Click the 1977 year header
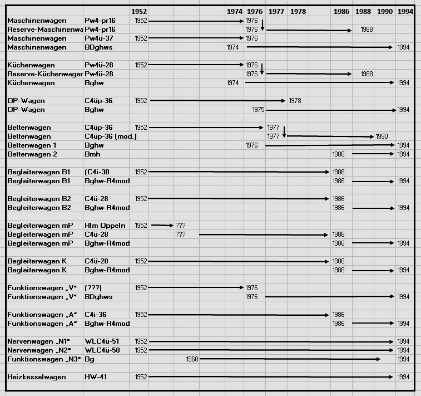click(276, 11)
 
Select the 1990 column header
click(385, 11)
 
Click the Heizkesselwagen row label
click(37, 377)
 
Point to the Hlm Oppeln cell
click(105, 226)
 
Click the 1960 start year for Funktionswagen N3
click(192, 359)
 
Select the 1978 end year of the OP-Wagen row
click(295, 101)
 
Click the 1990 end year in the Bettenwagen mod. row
click(382, 136)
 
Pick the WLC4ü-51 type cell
click(102, 341)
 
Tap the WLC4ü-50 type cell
click(102, 350)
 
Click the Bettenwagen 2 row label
click(32, 154)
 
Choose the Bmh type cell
click(92, 154)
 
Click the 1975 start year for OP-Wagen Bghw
click(258, 110)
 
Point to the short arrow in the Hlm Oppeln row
click(162, 226)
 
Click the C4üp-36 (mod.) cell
click(111, 136)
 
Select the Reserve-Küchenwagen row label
click(45, 74)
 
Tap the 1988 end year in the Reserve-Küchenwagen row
click(366, 74)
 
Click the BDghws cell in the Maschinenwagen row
click(98, 47)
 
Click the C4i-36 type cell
click(96, 315)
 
